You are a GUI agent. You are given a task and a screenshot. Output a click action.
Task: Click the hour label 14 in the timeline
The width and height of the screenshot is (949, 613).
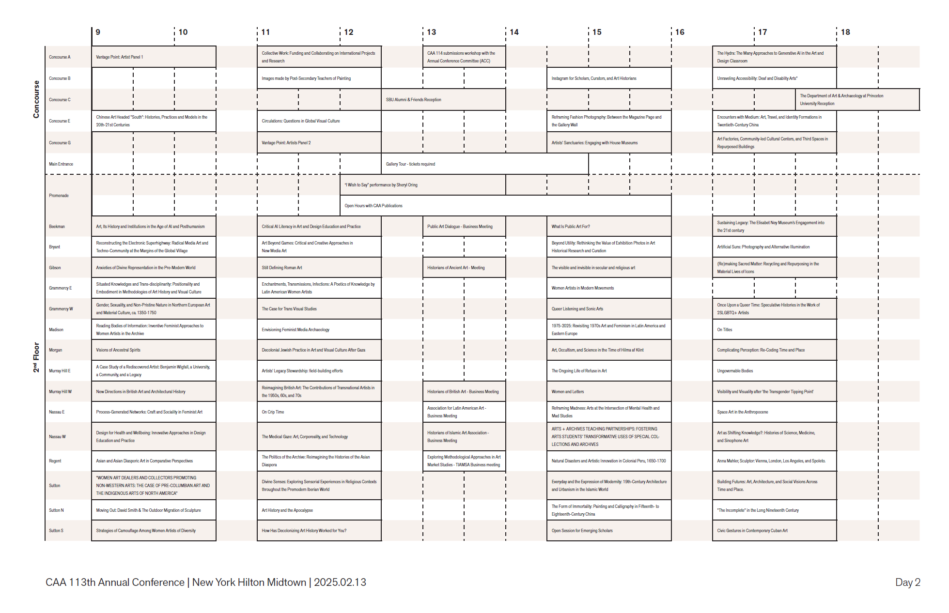(x=514, y=32)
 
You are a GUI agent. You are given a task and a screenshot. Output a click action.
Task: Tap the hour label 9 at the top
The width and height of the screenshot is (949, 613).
(x=98, y=32)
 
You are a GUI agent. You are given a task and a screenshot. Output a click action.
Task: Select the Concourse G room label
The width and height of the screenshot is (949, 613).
(x=60, y=143)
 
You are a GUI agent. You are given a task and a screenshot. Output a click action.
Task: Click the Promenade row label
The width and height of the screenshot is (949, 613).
(x=59, y=196)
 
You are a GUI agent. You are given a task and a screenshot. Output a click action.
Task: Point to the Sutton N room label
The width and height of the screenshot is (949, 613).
(x=56, y=510)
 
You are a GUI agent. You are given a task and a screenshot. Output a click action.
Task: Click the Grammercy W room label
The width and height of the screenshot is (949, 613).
(x=61, y=309)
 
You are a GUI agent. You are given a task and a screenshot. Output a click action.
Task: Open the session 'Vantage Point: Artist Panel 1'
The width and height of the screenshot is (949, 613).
(x=120, y=57)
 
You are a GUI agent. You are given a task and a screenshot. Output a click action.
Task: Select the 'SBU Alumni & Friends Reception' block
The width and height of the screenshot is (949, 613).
(x=413, y=100)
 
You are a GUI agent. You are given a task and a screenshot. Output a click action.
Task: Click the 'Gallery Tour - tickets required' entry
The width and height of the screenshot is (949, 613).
(x=410, y=164)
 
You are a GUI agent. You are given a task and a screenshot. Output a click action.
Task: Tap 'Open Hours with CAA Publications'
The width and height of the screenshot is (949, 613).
(x=373, y=206)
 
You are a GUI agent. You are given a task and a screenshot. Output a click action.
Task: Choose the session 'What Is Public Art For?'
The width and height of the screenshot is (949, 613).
(x=571, y=227)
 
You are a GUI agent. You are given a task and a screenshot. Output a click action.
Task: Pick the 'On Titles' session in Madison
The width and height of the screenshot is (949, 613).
(x=725, y=330)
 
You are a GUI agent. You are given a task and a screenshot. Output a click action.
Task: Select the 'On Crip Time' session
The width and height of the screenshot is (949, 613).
(x=273, y=412)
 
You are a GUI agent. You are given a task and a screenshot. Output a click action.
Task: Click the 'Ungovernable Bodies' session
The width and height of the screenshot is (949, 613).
(x=735, y=371)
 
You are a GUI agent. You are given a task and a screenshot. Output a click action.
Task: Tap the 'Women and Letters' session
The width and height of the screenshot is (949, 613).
(x=568, y=392)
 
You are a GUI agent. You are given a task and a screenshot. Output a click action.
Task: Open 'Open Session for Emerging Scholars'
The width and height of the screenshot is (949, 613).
(x=582, y=531)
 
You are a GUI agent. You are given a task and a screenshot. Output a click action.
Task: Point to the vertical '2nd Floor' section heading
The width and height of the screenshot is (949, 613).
(x=36, y=357)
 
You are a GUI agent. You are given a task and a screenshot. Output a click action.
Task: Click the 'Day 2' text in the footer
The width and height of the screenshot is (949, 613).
(x=907, y=582)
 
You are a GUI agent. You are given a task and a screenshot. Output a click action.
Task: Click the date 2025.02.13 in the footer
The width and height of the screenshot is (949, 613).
(x=340, y=582)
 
